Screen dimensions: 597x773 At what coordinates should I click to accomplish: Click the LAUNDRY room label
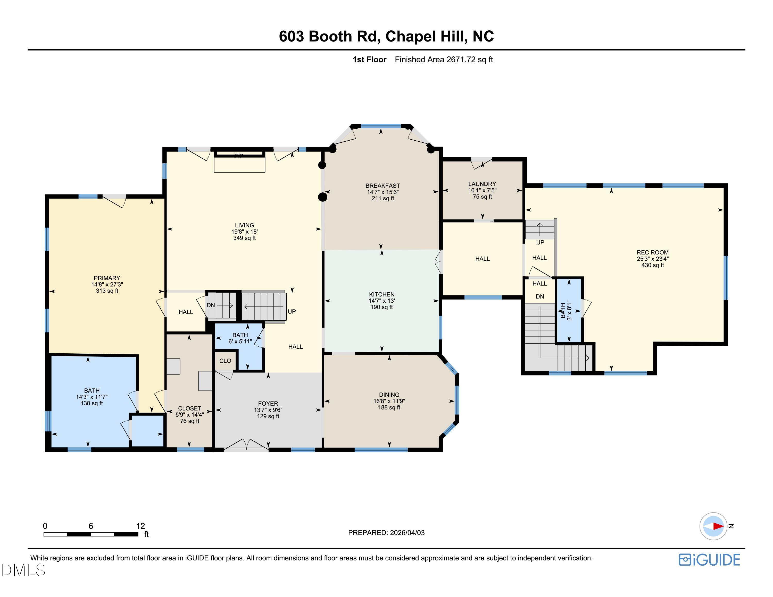[x=482, y=184]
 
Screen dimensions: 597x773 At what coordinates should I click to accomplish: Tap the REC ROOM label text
[x=652, y=252]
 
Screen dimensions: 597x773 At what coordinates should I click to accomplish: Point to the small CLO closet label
[x=225, y=361]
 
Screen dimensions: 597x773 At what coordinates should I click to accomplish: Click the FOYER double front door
[x=246, y=446]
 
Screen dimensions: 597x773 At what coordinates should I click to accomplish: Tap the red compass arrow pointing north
[x=718, y=526]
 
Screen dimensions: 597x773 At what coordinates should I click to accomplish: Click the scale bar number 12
[x=140, y=526]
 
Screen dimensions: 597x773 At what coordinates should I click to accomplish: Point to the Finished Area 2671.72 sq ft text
[x=444, y=59]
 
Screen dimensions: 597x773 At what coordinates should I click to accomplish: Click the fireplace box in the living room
[x=240, y=165]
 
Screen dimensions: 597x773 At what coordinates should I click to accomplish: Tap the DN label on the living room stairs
[x=211, y=305]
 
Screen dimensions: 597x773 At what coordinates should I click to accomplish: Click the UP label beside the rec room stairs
[x=540, y=243]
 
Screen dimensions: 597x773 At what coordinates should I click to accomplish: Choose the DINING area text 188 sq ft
[x=389, y=407]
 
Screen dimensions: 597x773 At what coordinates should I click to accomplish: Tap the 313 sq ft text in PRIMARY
[x=107, y=291]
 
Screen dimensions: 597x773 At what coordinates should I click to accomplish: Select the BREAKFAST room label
[x=383, y=186]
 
